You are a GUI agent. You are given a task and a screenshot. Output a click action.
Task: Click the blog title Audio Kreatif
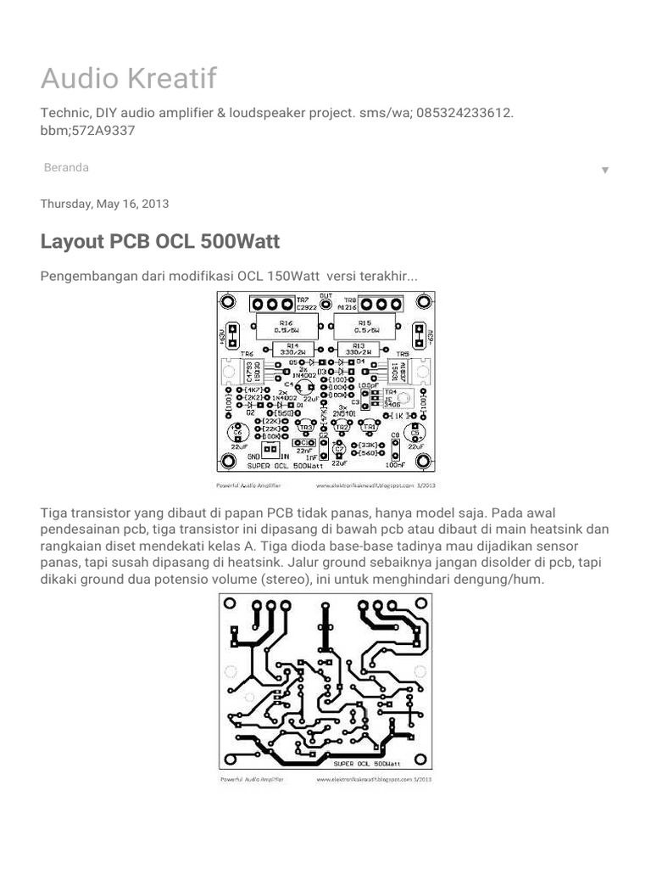click(x=129, y=79)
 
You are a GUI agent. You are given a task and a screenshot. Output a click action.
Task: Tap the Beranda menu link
click(x=66, y=168)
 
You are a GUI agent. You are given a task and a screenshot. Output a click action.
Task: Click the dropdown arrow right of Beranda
click(x=605, y=170)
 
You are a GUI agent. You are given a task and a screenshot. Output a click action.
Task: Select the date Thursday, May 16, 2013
click(x=105, y=204)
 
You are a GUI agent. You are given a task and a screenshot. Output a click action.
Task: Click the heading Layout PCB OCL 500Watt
click(x=160, y=242)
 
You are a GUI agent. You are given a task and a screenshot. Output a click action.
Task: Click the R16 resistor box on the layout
click(x=287, y=326)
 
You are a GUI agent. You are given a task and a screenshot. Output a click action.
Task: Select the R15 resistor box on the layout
click(x=365, y=326)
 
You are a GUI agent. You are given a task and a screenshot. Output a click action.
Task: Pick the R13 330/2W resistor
click(x=359, y=349)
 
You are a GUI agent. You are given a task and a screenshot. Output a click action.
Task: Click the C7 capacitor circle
click(x=339, y=449)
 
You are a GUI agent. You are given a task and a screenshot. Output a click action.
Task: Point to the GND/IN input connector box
click(x=270, y=450)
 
